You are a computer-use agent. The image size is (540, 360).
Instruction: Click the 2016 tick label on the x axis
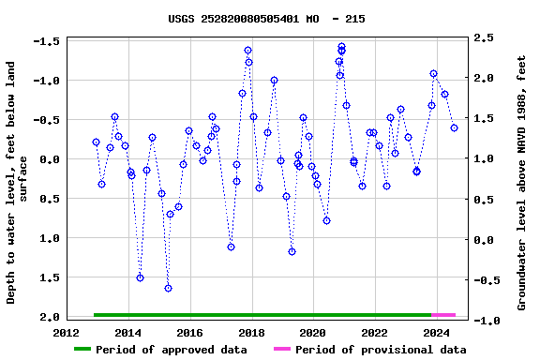189,332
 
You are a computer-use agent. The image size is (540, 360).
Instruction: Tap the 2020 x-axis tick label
312,332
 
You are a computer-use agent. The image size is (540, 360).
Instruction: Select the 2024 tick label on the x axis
435,332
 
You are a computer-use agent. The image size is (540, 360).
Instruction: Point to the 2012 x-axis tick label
67,332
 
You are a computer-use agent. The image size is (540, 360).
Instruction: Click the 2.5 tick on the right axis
484,37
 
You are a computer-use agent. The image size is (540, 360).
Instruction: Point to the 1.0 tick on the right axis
484,159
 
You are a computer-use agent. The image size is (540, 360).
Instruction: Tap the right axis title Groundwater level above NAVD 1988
521,183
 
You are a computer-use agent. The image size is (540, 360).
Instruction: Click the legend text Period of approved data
172,350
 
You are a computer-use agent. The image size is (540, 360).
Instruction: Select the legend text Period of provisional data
380,350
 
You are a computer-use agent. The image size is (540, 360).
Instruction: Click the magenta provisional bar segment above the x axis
443,315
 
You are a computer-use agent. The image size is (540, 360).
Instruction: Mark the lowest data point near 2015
168,288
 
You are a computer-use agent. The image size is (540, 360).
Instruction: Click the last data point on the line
454,127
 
